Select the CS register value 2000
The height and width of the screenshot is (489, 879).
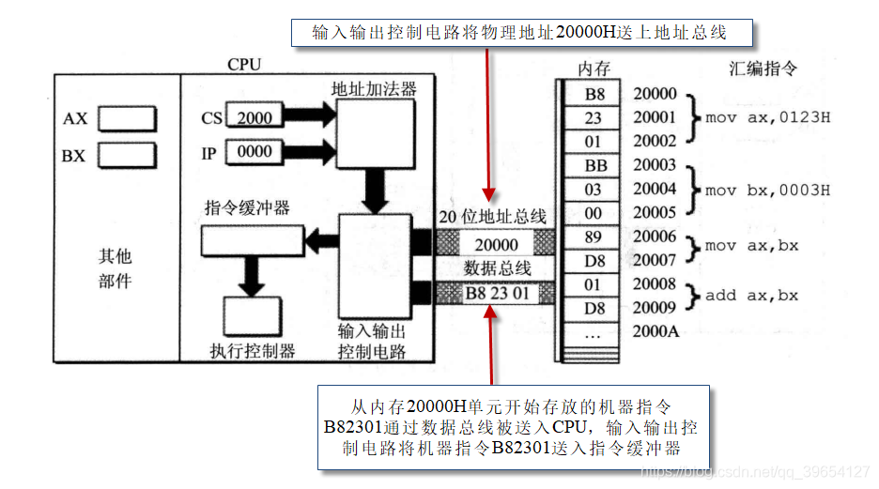254,118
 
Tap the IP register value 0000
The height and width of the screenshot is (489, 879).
254,152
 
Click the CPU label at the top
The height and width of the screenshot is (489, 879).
244,65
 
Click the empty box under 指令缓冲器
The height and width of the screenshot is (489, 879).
253,242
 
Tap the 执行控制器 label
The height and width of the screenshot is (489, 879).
252,351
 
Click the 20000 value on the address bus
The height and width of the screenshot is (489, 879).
496,245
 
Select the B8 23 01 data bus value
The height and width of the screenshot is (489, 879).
497,294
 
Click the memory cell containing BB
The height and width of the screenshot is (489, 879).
595,166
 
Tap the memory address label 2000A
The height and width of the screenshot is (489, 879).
655,332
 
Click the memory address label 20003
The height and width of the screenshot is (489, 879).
655,166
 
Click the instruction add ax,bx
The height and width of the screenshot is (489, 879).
751,296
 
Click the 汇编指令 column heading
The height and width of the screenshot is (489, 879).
763,69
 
